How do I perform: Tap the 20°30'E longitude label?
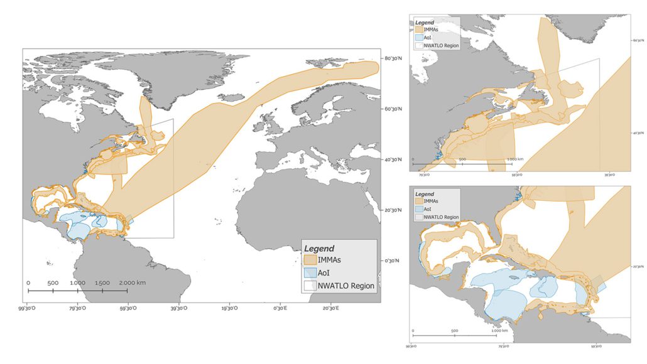tap(330, 308)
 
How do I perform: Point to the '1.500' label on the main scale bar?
tap(102, 283)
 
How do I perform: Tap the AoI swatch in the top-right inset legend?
tap(418, 37)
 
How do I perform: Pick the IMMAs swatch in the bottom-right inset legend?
tap(418, 201)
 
